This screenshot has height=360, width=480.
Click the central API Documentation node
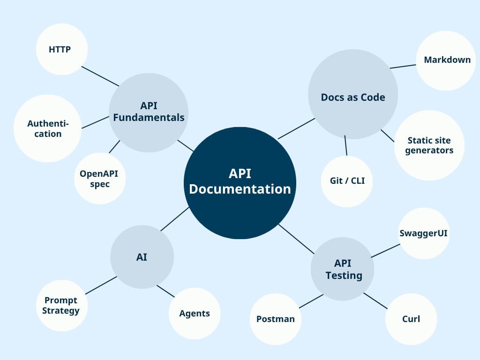coord(240,183)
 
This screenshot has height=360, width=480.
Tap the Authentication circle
coord(47,128)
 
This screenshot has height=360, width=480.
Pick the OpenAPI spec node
coord(99,179)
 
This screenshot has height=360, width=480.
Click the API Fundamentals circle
coord(149,112)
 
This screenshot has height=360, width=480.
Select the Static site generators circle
coord(429,145)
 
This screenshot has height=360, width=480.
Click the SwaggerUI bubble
coord(424,233)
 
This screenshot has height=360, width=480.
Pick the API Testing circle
coord(343,269)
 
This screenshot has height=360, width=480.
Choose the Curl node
coord(411,319)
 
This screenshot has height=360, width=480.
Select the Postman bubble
coord(275,319)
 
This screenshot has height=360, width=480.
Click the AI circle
coord(142,257)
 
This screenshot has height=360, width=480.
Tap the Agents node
coord(194,313)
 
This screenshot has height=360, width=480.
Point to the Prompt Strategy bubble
coord(61,305)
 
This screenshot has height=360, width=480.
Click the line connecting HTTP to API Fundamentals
coord(100,76)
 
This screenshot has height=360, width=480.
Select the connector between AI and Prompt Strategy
coord(101,285)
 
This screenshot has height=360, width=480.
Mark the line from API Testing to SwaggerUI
coord(385,251)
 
